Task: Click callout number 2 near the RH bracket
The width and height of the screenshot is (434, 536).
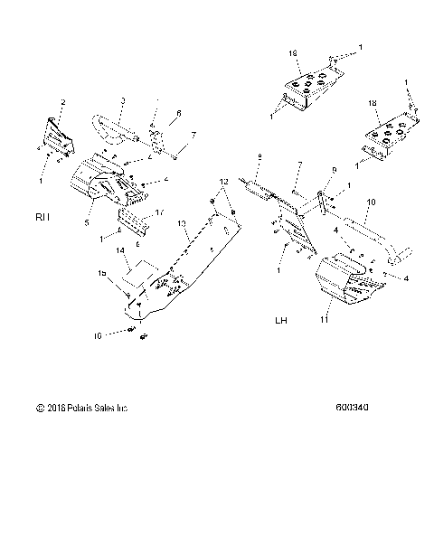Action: pos(62,101)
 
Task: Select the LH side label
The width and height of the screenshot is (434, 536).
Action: pos(281,321)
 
